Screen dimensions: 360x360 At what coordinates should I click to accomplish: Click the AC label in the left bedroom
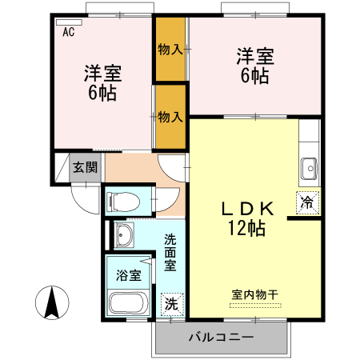tap(69, 33)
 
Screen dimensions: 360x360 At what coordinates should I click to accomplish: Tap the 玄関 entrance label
tap(86, 167)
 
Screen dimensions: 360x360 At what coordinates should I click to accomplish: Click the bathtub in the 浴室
tap(126, 302)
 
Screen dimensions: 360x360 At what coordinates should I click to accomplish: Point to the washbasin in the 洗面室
tap(124, 236)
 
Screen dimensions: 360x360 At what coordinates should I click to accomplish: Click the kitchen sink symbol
tap(308, 168)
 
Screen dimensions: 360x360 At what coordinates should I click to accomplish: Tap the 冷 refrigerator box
tap(308, 202)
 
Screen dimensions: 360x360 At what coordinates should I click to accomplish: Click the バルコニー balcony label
tap(221, 338)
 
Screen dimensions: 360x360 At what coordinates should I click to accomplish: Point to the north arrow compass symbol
tap(50, 304)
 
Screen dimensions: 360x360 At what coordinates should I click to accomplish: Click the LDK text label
tap(248, 209)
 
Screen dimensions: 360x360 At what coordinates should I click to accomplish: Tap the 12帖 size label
tap(248, 228)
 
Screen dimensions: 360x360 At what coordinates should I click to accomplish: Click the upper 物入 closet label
tap(170, 50)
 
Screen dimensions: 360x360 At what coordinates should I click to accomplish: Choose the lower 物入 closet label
tap(170, 117)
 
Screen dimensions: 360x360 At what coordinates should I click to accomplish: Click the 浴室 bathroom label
tap(129, 276)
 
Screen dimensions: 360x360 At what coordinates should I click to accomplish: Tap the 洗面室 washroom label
tap(171, 252)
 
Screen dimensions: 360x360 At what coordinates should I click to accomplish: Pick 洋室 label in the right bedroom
tap(254, 58)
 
